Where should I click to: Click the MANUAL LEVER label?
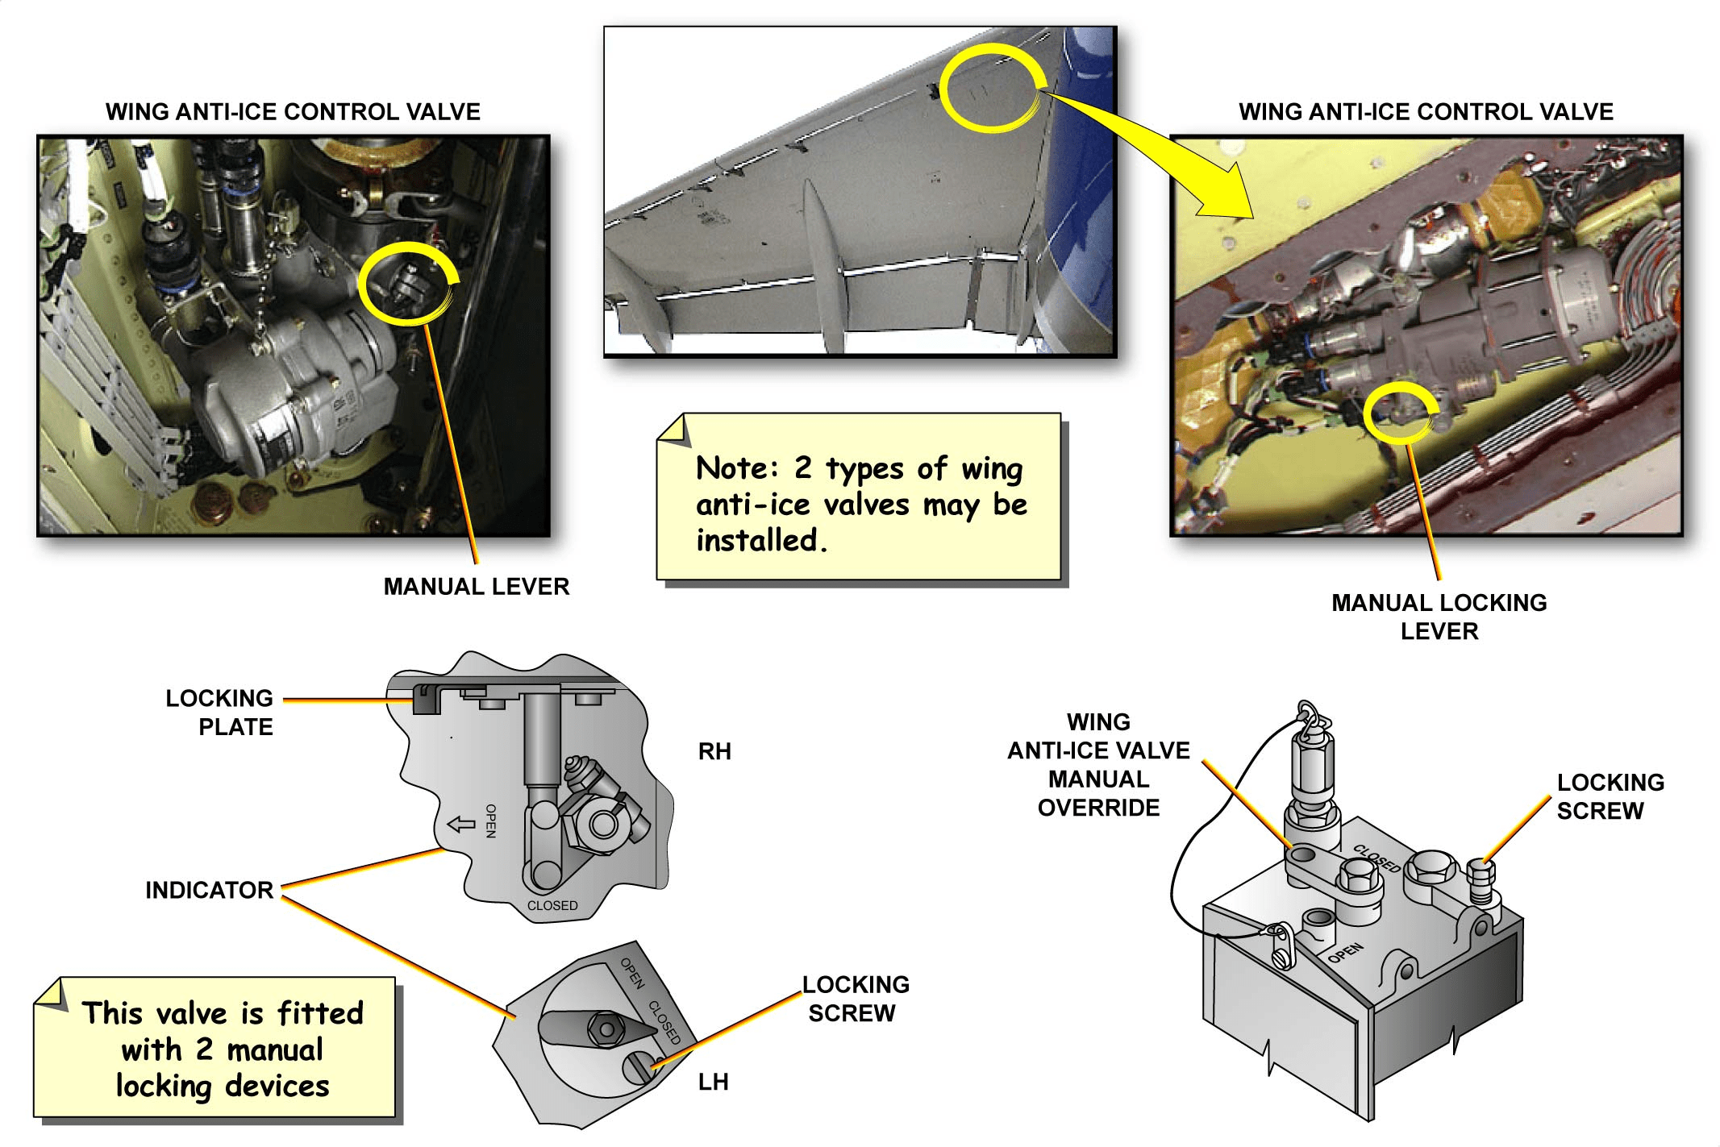[x=476, y=586]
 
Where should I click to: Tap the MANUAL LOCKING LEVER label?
[x=1439, y=617]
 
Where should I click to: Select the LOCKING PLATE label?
[x=219, y=713]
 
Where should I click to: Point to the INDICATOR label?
[x=209, y=890]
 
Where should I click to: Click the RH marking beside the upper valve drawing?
[x=714, y=751]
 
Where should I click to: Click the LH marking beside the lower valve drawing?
[x=713, y=1082]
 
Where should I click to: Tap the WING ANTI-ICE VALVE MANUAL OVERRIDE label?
[x=1098, y=764]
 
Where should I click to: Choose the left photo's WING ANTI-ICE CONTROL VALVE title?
[x=293, y=111]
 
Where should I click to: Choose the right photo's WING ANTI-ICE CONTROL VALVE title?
[x=1426, y=111]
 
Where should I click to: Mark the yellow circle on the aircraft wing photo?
[x=992, y=87]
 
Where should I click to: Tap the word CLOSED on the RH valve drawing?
[x=552, y=905]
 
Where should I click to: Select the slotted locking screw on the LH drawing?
[x=638, y=1067]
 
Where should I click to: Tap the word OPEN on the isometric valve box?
[x=1346, y=953]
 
